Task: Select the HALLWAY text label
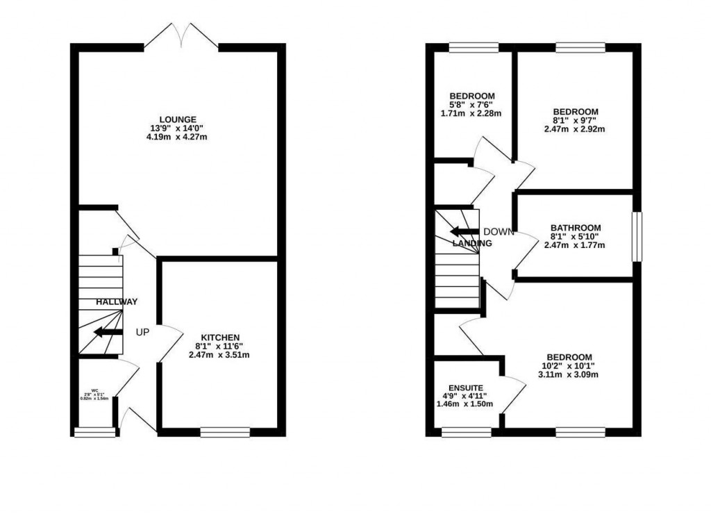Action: (117, 302)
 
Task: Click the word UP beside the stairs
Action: (142, 333)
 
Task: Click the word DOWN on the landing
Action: (499, 232)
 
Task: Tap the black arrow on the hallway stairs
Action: (108, 332)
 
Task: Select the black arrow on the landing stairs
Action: (463, 232)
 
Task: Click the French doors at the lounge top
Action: (181, 36)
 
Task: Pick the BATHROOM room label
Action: (576, 228)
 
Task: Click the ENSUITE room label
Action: (465, 388)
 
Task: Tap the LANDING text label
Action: (472, 244)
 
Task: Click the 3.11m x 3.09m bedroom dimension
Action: (569, 375)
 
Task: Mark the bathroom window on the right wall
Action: (635, 237)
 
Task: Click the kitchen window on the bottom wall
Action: (225, 432)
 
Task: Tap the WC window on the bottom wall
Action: (94, 433)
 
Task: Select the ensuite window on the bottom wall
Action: (465, 432)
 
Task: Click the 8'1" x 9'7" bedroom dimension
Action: (575, 120)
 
